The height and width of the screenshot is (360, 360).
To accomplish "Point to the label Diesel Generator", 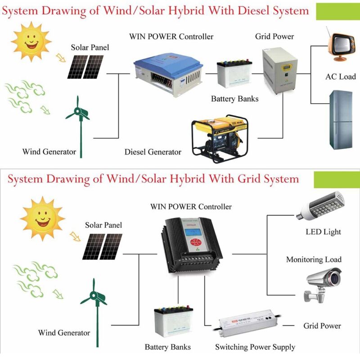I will (153, 152).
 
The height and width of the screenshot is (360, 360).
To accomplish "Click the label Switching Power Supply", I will (255, 347).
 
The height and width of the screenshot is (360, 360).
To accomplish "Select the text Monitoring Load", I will (314, 260).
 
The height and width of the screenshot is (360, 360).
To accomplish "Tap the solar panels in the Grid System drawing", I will (103, 246).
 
